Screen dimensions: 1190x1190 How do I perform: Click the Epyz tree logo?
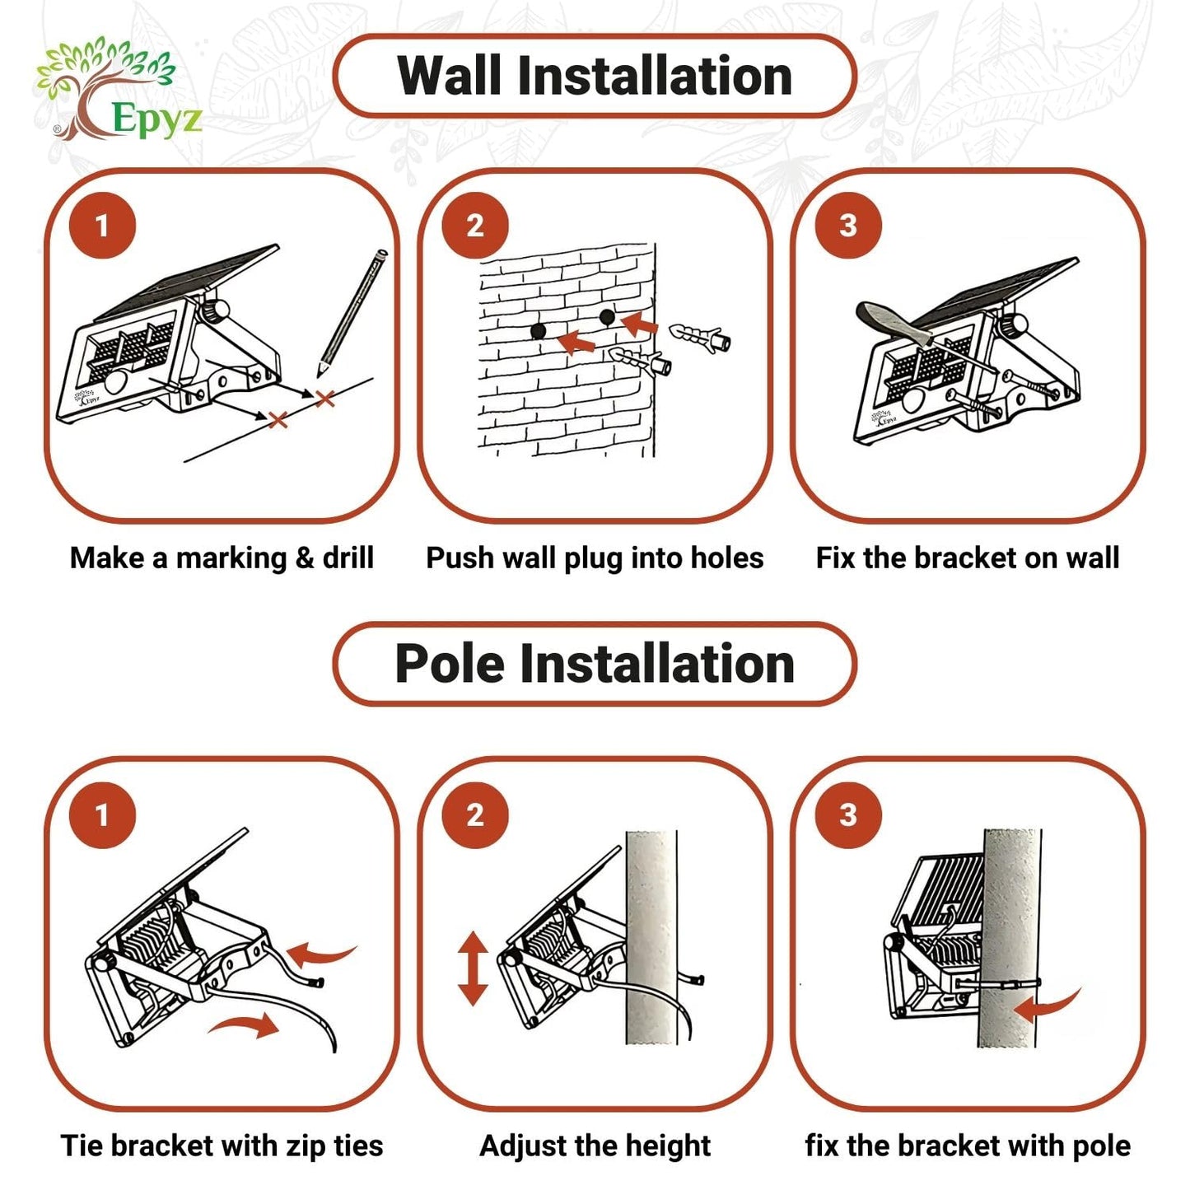[117, 90]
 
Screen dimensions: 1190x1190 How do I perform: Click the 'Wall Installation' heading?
[595, 75]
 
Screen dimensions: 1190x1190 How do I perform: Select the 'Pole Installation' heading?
[595, 663]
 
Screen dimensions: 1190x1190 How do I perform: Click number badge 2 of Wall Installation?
[475, 226]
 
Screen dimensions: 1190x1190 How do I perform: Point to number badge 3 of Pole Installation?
[848, 815]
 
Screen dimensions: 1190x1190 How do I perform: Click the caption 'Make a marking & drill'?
[222, 558]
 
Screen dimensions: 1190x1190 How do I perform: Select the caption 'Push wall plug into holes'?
[595, 558]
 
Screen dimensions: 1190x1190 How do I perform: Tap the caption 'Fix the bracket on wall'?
[967, 558]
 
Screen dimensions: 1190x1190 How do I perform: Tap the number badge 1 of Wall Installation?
[102, 226]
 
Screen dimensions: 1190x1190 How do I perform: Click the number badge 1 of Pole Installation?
[102, 815]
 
